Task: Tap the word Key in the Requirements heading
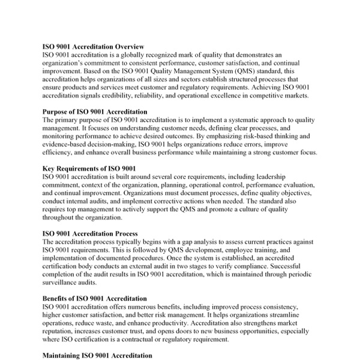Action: pyautogui.click(x=49, y=169)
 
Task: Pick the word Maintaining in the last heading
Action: pyautogui.click(x=62, y=355)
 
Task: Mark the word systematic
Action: pyautogui.click(x=215, y=119)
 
